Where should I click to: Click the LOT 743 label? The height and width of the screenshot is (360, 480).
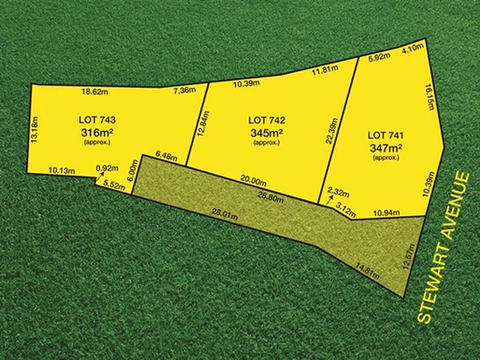(x=97, y=120)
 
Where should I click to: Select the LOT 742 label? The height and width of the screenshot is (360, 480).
(x=267, y=120)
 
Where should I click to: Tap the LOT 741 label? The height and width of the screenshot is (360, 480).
(x=386, y=135)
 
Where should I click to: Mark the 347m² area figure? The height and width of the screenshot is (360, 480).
(x=386, y=147)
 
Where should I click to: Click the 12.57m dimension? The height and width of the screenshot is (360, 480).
(x=413, y=255)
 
